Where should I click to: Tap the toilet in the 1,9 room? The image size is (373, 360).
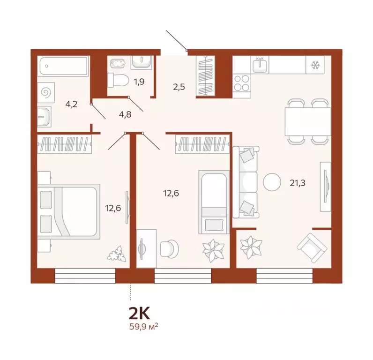click(x=118, y=81)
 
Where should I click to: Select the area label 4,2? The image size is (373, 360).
click(x=71, y=104)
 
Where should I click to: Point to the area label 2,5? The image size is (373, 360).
click(x=178, y=87)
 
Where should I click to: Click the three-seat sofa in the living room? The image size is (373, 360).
click(x=246, y=181)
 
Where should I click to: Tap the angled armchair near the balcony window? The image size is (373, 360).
click(x=310, y=248)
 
